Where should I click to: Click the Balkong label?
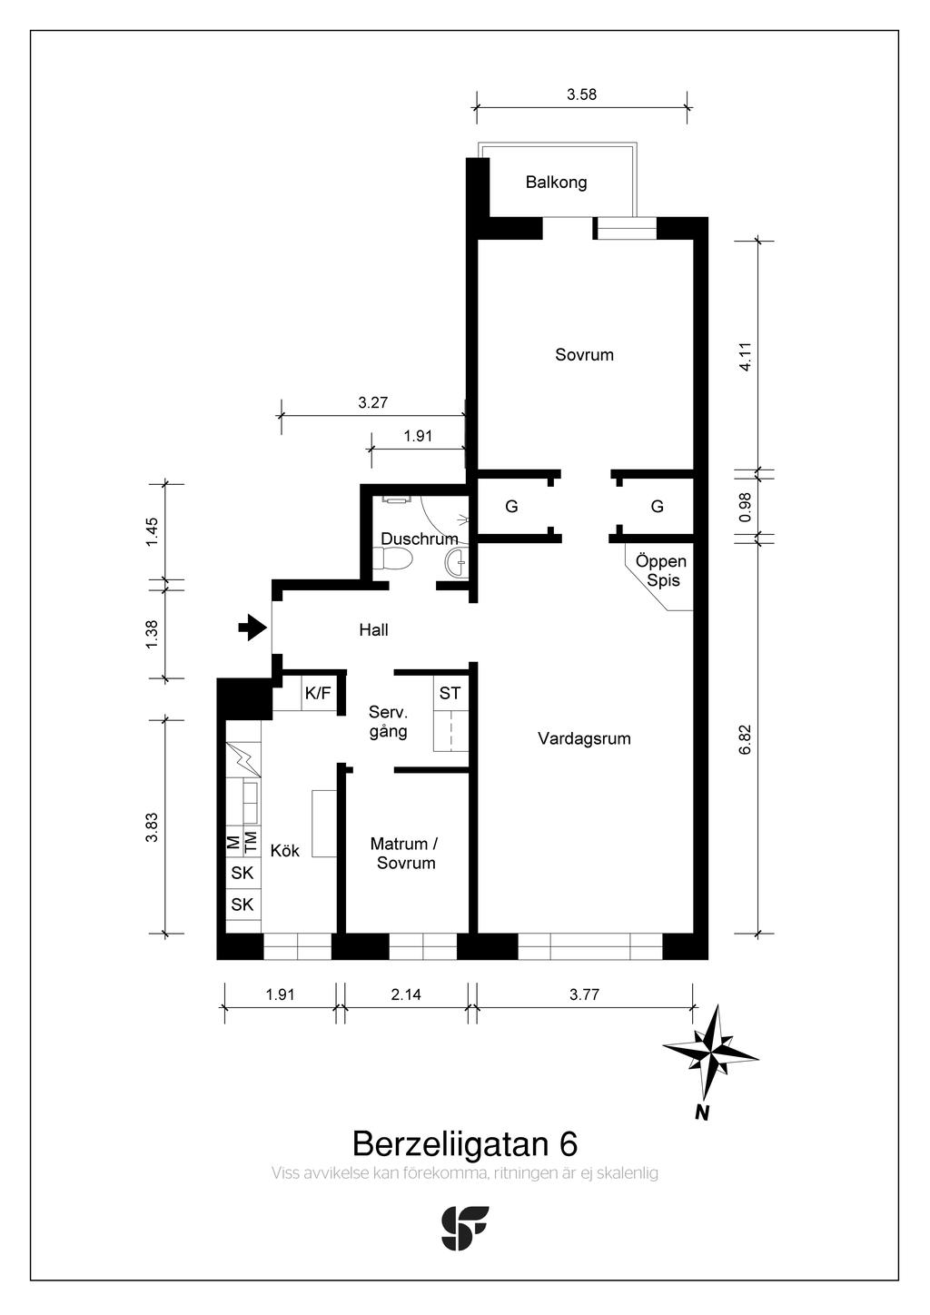point(556,183)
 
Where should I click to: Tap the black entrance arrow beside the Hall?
point(252,627)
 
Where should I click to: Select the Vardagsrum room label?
point(584,738)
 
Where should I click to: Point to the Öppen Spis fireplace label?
point(661,570)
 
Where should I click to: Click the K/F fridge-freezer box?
point(318,693)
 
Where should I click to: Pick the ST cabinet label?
point(450,693)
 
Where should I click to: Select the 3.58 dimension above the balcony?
point(581,94)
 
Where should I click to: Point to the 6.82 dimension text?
point(745,739)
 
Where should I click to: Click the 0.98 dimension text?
point(745,507)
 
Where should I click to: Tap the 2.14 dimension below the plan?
point(406,994)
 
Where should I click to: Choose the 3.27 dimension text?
point(373,402)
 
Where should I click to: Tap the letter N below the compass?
point(701,1112)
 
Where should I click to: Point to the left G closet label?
point(511,506)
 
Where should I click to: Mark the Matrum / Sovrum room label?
point(406,854)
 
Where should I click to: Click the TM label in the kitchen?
point(250,843)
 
